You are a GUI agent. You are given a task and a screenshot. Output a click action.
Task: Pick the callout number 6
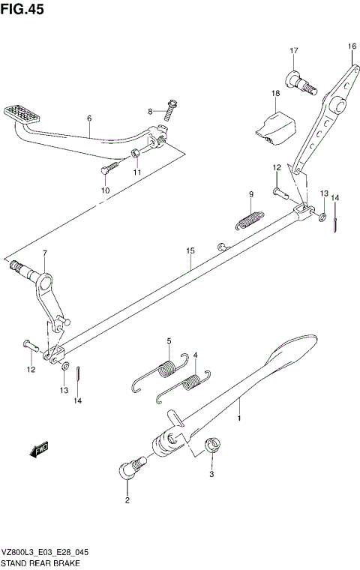tap(88, 118)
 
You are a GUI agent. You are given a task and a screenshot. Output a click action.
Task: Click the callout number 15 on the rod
tap(190, 250)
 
